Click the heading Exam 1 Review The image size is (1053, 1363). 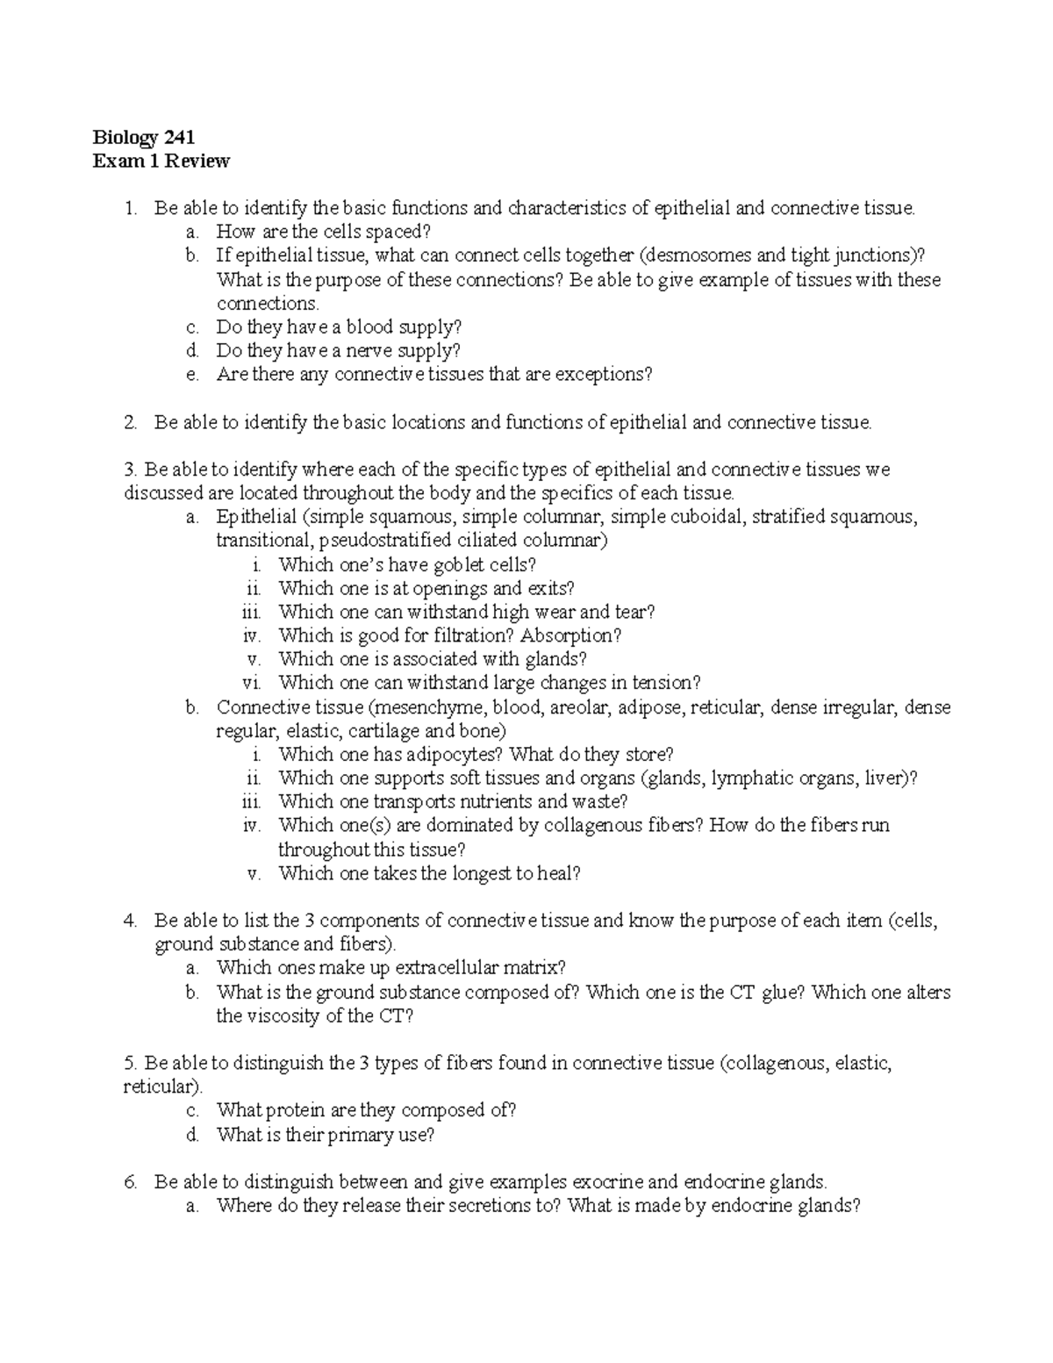pyautogui.click(x=161, y=161)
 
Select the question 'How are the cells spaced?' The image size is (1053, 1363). pyautogui.click(x=325, y=232)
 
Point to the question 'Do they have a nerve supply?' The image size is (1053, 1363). pyautogui.click(x=338, y=350)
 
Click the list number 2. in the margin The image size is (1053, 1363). pyautogui.click(x=130, y=422)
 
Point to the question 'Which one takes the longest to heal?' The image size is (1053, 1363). pyautogui.click(x=429, y=873)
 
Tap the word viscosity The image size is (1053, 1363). pyautogui.click(x=285, y=1016)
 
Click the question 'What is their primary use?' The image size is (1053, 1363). pyautogui.click(x=326, y=1135)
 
